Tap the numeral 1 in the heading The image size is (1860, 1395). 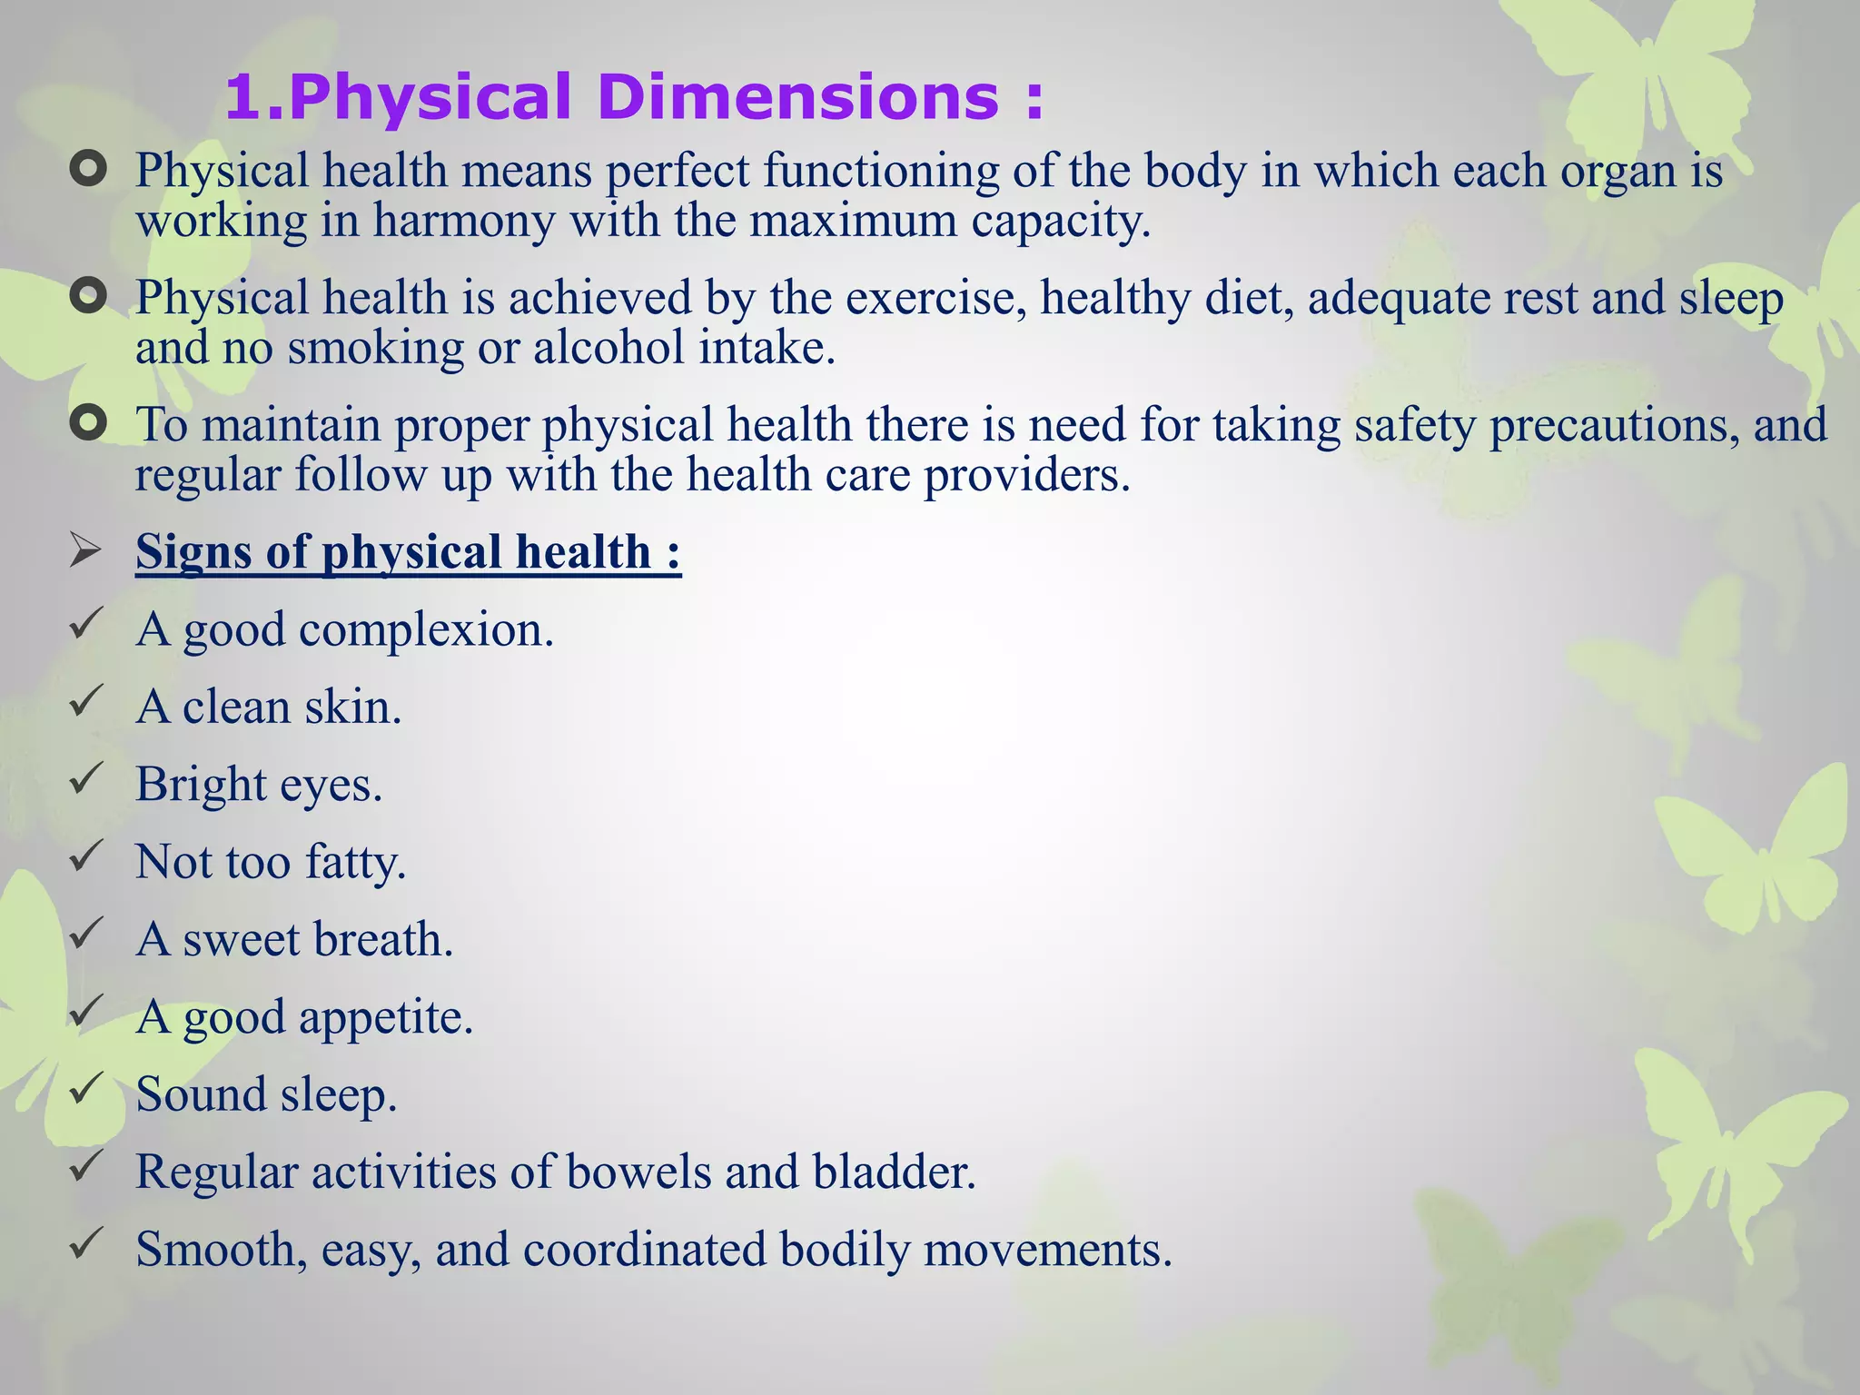tap(243, 98)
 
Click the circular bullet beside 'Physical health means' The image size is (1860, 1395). tap(88, 169)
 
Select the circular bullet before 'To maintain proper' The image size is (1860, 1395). tap(88, 423)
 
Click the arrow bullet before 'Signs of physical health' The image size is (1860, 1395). tap(85, 551)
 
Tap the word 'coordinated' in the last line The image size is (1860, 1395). tap(644, 1250)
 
